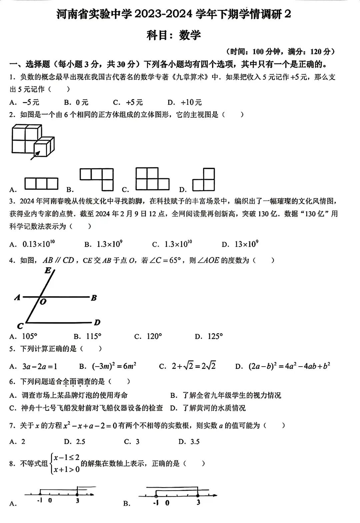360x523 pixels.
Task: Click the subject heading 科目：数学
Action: click(174, 35)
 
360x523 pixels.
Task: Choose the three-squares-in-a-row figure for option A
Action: click(41, 184)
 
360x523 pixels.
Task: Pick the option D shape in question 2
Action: click(203, 179)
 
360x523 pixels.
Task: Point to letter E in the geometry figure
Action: click(48, 271)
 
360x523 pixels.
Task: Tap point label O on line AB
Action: click(43, 302)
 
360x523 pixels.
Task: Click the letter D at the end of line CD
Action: click(97, 323)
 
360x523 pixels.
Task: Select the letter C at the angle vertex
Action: click(20, 326)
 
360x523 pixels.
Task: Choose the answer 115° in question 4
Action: click(93, 337)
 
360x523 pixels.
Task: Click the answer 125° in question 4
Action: click(215, 337)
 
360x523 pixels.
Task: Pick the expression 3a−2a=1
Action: click(40, 367)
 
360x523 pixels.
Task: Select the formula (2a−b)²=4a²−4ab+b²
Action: click(289, 366)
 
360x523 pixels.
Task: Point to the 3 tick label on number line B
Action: click(198, 503)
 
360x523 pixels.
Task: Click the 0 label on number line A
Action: click(50, 501)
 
